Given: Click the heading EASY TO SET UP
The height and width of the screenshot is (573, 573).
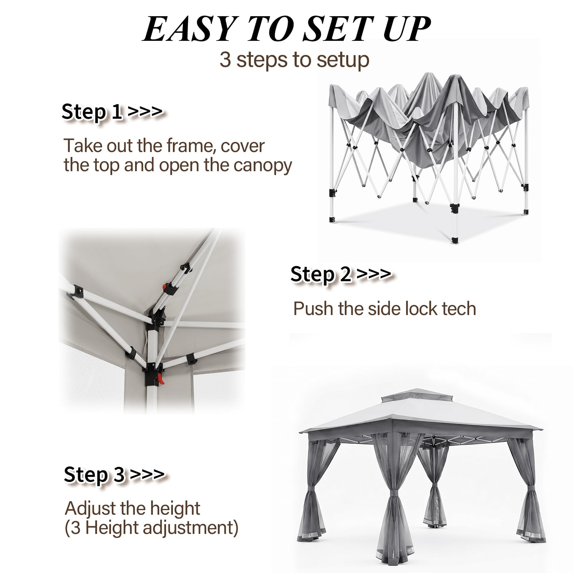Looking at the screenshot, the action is click(x=286, y=29).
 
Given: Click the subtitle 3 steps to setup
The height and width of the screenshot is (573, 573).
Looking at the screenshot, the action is click(x=294, y=59).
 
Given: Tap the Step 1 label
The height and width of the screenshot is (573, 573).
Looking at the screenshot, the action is click(x=112, y=112).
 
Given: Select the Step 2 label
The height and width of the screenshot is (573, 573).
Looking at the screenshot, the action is click(x=341, y=274).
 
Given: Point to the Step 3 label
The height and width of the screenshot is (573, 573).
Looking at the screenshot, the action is click(x=114, y=475).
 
